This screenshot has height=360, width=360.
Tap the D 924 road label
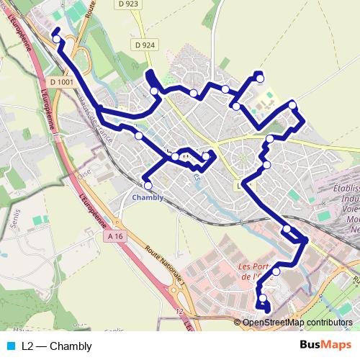144,45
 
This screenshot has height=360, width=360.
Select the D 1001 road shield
63,82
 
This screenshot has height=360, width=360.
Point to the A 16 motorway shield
114,236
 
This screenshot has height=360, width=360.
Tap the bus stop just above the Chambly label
148,186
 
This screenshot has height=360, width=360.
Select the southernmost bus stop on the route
263,298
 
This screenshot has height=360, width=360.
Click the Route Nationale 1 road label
165,265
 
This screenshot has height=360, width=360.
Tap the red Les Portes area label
256,271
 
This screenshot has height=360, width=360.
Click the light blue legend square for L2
10,346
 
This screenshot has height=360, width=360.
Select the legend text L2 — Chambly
56,346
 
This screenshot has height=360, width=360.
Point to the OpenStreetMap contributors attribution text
297,323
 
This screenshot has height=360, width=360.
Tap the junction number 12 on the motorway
179,312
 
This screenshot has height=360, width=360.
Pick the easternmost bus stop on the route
292,105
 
